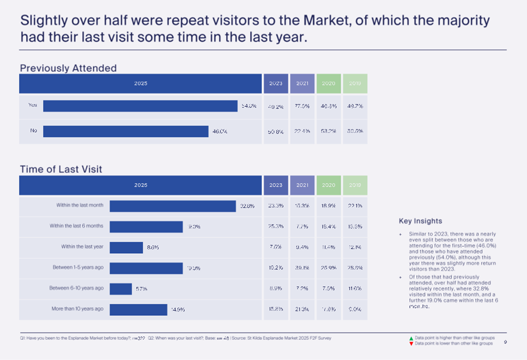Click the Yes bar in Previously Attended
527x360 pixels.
(140, 106)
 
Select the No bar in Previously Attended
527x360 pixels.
(126, 131)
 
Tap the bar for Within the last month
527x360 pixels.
(172, 206)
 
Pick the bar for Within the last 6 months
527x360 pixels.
(146, 227)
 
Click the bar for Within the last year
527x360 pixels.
(126, 247)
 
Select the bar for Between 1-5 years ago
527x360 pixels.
(146, 268)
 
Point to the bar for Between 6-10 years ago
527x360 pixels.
(121, 289)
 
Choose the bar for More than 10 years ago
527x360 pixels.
(138, 309)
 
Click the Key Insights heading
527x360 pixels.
(420, 221)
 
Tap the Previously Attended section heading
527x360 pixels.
(68, 68)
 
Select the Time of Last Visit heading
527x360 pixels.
(61, 169)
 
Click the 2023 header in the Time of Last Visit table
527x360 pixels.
(276, 185)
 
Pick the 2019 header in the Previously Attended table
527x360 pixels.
(355, 84)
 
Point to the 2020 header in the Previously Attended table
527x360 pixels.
(328, 84)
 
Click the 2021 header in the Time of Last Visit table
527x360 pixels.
(302, 185)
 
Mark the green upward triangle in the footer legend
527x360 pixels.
(410, 338)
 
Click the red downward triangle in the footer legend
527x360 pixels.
(410, 343)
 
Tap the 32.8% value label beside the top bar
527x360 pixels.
(247, 206)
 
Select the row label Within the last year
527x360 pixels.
(83, 247)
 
